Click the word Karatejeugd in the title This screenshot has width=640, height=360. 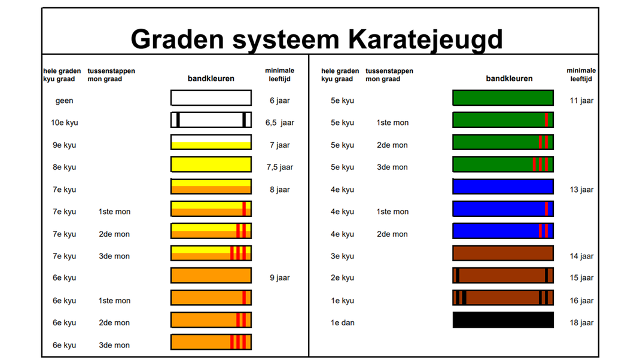coord(425,40)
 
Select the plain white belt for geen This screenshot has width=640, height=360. coord(211,98)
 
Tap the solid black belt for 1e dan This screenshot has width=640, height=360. coord(503,320)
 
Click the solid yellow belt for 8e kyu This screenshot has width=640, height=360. coord(211,164)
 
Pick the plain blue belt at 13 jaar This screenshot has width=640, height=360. coord(503,187)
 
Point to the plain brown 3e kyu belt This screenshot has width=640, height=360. coord(503,253)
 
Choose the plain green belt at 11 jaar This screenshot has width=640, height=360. coord(503,98)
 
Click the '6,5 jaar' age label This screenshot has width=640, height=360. coord(279,123)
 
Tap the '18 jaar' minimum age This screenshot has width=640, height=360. coord(581,322)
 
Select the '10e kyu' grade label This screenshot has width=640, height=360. coord(64,123)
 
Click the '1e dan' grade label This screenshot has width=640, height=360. coord(343,322)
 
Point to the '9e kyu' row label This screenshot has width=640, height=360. coord(64,145)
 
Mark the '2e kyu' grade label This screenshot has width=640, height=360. coord(343,277)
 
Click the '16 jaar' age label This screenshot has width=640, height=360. coord(581,300)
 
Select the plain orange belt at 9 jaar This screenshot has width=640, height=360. coord(211,276)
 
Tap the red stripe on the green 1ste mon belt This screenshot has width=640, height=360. coord(547,120)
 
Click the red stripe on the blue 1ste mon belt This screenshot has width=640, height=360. coord(547,209)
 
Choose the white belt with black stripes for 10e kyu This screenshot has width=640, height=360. coord(211,120)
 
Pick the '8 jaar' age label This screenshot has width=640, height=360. coord(279,190)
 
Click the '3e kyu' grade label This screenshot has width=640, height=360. coord(343,256)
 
